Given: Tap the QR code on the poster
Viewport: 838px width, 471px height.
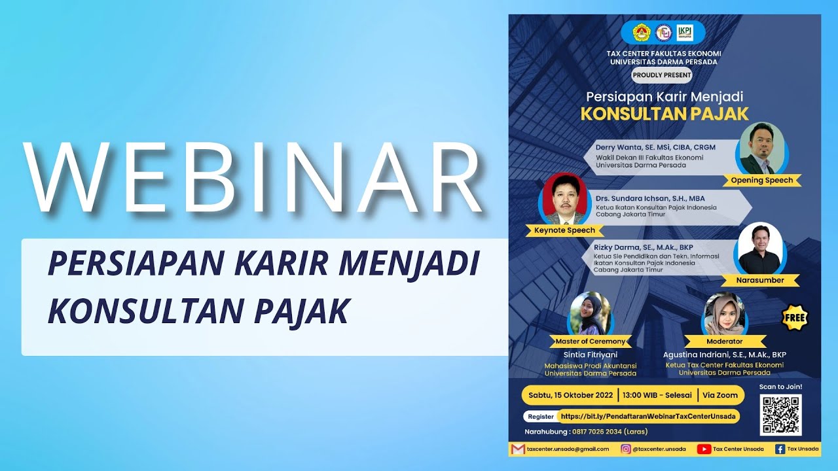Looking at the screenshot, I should tap(780, 415).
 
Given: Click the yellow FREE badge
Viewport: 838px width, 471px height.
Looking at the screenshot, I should tap(795, 318).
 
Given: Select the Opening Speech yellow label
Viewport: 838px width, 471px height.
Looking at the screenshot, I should tap(761, 181).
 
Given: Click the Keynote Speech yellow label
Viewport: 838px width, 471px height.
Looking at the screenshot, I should tap(564, 230).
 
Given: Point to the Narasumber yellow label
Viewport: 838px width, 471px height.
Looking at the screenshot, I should tap(760, 281).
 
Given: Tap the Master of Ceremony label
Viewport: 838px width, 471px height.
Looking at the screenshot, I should tap(590, 341).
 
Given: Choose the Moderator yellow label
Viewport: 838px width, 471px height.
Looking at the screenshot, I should tap(724, 341).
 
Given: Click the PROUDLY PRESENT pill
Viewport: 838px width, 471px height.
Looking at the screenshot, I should tap(662, 75).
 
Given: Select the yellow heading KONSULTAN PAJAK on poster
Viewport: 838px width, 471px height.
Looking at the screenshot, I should tap(665, 114).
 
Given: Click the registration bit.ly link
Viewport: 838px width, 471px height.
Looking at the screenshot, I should tap(647, 416).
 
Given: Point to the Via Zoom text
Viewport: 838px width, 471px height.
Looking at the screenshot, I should tap(720, 395).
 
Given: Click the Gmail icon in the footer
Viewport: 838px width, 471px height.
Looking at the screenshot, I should tap(518, 449).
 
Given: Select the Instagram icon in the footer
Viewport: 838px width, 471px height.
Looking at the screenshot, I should tap(626, 449).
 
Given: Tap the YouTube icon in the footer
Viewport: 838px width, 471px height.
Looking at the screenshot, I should tap(704, 449).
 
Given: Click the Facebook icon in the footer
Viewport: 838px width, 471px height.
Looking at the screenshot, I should tap(780, 449).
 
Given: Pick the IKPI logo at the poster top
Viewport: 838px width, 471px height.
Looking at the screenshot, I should tap(685, 32).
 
